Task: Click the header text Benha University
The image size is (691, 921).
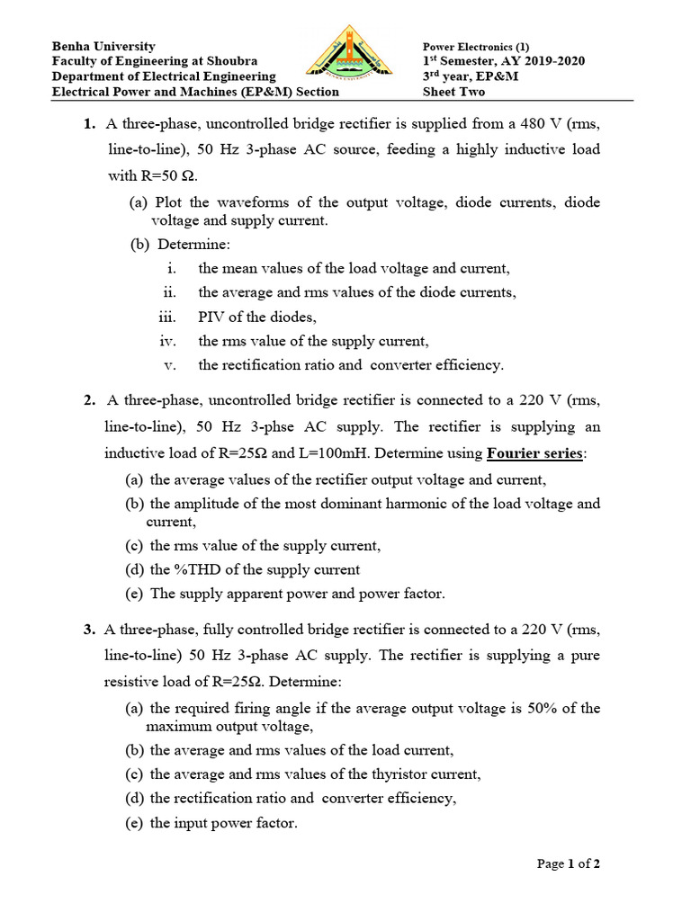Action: click(103, 46)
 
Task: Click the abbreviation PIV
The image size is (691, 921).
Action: click(213, 317)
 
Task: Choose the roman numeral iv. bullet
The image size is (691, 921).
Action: click(167, 341)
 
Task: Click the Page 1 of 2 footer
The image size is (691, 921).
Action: click(569, 864)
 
